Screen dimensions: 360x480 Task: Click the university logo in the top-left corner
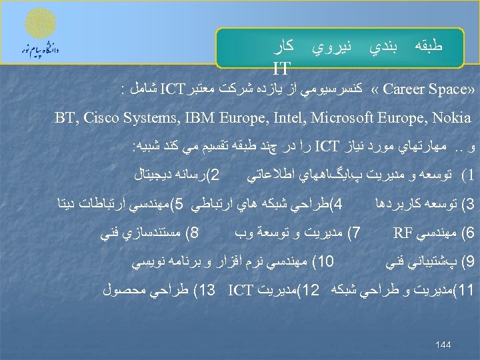(41, 34)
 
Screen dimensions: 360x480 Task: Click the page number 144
(443, 345)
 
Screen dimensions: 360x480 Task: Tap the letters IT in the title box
(281, 67)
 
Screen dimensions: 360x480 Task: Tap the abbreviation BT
(65, 119)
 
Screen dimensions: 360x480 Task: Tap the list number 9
(466, 261)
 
